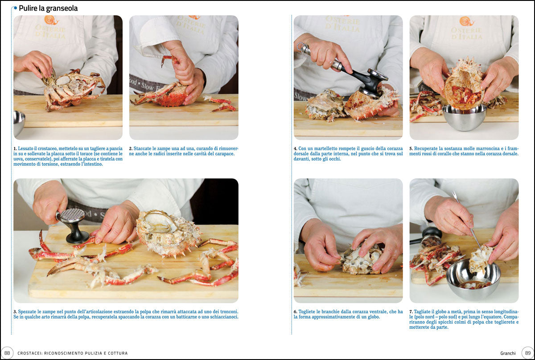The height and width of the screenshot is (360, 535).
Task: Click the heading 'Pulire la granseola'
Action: pos(48,8)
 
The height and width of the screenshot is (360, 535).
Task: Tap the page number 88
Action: pos(7,353)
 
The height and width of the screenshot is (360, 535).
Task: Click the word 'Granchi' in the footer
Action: pos(508,353)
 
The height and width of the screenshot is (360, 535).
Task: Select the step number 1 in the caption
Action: pos(15,148)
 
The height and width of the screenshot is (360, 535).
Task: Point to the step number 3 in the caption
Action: pos(15,311)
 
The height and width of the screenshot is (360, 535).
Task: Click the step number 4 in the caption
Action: pos(295,148)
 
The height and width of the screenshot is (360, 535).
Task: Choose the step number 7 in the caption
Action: pos(411,311)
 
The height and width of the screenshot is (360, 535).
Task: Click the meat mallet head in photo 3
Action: pos(72,216)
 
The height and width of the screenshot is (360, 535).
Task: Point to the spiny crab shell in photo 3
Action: pos(167,233)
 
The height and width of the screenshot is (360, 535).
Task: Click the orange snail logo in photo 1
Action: pos(51,20)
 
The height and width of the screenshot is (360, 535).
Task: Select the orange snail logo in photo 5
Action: pos(466,21)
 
